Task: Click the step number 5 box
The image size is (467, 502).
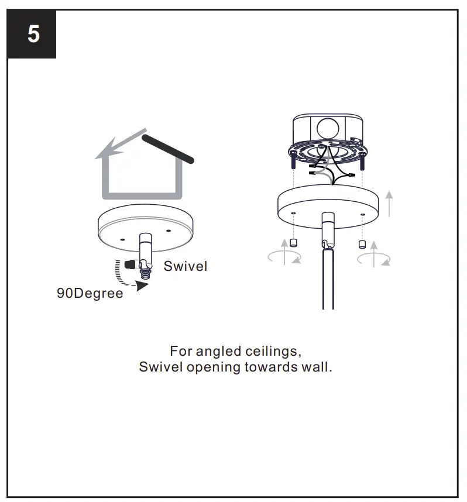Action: pos(33,34)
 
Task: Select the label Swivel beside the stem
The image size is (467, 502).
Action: pos(185,266)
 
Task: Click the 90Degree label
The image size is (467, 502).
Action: pos(90,293)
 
